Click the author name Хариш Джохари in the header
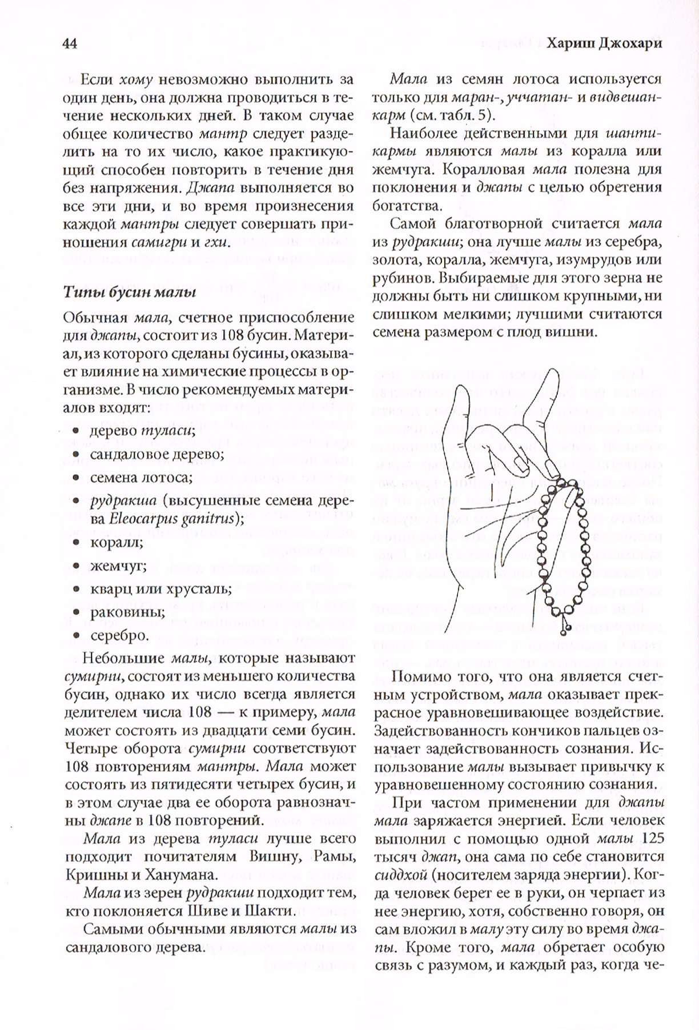click(605, 44)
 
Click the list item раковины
click(127, 611)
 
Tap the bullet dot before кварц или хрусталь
click(77, 589)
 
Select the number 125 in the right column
click(652, 838)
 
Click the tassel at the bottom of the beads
click(566, 628)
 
